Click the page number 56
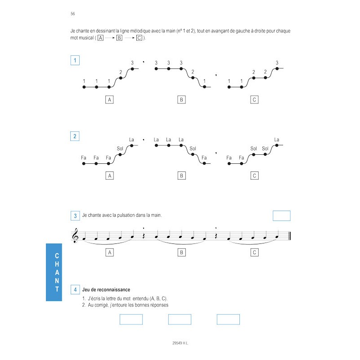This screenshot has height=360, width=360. click(73, 14)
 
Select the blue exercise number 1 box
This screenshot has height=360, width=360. click(75, 60)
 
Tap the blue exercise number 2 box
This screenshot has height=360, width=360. click(75, 136)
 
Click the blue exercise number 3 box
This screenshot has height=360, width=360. click(75, 216)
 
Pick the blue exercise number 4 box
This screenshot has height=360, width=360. click(75, 290)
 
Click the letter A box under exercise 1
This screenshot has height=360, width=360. click(109, 99)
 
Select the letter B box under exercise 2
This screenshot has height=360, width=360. click(181, 175)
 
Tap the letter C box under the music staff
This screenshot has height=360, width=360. click(254, 252)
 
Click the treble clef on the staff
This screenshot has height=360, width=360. click(75, 236)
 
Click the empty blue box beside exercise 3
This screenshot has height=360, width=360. click(282, 216)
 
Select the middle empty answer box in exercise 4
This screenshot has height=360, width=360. click(180, 319)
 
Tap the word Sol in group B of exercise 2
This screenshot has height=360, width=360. click(193, 148)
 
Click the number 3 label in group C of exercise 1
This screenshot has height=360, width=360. click(277, 63)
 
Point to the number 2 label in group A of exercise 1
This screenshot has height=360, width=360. click(121, 72)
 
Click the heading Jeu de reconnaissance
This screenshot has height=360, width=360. click(106, 290)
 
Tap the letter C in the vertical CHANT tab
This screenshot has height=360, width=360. click(57, 255)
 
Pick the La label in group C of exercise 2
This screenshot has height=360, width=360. click(277, 139)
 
